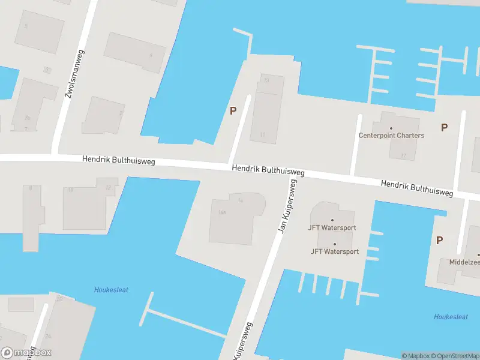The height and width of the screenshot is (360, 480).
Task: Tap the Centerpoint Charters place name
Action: [x=391, y=136]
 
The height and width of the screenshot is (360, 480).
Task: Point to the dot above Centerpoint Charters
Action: [x=391, y=128]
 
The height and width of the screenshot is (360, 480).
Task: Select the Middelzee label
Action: [x=465, y=262]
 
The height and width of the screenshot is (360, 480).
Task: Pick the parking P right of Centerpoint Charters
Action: [x=444, y=127]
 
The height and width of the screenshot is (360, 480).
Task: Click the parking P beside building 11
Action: [x=233, y=110]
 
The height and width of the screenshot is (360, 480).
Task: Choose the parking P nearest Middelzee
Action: [x=439, y=240]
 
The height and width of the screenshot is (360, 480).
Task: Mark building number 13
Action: [x=266, y=80]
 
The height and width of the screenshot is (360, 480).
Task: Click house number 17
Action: [x=404, y=156]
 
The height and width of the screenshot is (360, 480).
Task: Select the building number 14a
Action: [x=222, y=212]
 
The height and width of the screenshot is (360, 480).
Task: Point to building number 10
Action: [x=70, y=190]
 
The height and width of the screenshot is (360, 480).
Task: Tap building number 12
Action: [x=108, y=187]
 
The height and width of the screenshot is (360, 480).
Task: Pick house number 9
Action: [x=30, y=188]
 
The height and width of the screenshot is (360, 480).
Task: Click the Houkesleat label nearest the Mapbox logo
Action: [x=111, y=290]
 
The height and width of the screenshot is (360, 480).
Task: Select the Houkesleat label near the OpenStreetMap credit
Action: [x=451, y=317]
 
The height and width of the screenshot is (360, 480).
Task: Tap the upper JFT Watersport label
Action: [x=332, y=228]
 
